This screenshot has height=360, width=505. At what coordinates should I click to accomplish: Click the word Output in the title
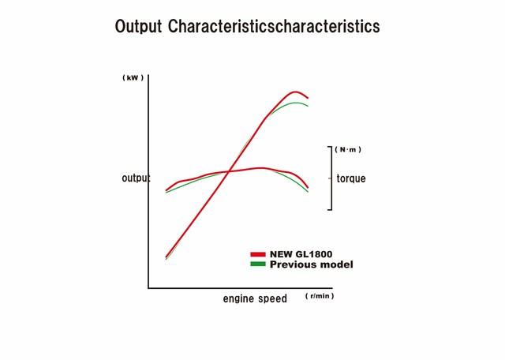point(138,26)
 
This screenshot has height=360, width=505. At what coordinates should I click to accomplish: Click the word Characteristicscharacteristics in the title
point(274,26)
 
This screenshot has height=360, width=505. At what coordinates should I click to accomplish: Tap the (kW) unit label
point(133,78)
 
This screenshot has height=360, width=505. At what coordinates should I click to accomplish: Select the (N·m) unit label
point(348,149)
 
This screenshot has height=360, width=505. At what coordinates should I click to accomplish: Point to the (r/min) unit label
point(320,296)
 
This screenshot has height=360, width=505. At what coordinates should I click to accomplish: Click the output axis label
point(136,178)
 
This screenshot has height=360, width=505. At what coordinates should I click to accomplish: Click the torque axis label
point(351,178)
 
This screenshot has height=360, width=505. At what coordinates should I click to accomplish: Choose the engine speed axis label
point(255,298)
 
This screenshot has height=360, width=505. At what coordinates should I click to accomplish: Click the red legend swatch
point(258,254)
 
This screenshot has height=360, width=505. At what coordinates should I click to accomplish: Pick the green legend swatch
point(258,264)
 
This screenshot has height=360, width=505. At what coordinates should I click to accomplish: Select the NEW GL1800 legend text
point(301,254)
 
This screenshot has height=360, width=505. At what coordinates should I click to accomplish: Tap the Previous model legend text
point(311,264)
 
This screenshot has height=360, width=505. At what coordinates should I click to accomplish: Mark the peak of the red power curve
point(294,92)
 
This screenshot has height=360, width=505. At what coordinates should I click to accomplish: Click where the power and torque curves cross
point(229,171)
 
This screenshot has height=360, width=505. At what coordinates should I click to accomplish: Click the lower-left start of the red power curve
point(166,257)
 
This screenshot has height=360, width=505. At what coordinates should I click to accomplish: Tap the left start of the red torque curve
point(166,190)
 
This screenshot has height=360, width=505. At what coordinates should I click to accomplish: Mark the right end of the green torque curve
point(308,192)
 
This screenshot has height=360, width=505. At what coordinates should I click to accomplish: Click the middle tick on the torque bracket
point(330,178)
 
